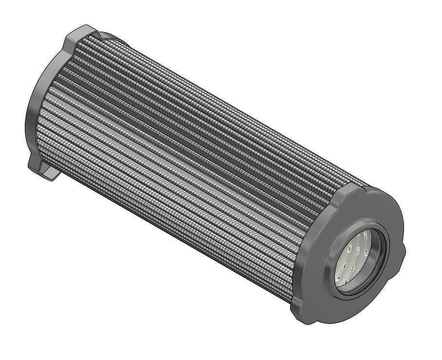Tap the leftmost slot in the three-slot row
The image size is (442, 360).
(x=350, y=249)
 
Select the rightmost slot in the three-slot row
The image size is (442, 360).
(x=366, y=253)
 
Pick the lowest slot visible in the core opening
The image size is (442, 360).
(x=347, y=282)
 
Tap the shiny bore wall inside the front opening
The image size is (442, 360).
(x=374, y=253)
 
